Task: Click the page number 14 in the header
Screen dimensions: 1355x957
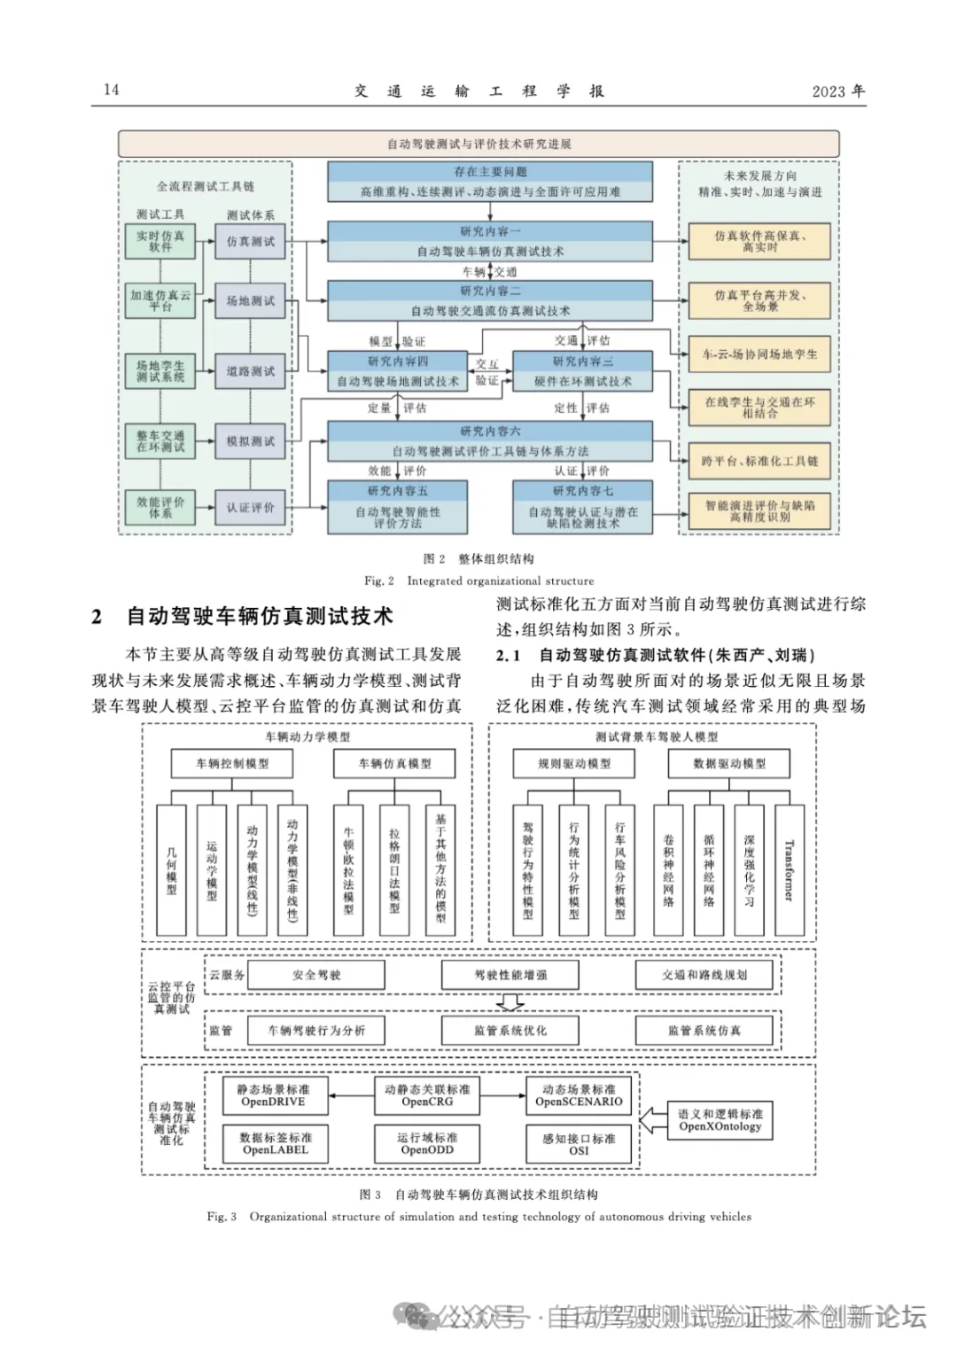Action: (112, 90)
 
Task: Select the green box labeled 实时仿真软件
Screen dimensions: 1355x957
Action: (160, 241)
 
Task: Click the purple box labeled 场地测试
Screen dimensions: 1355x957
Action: (251, 301)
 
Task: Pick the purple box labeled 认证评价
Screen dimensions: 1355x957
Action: (251, 508)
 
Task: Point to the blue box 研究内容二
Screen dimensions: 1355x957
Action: (490, 300)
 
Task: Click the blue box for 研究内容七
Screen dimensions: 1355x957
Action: (582, 507)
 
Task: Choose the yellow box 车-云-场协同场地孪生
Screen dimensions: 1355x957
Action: (759, 354)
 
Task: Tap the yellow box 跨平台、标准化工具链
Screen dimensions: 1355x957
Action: (759, 461)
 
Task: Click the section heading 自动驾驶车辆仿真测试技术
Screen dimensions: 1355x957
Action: (259, 616)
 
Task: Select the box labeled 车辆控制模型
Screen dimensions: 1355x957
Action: (232, 763)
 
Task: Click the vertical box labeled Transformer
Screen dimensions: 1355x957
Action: (790, 869)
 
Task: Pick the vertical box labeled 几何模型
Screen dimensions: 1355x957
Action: (171, 869)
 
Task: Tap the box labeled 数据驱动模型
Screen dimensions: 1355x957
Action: (729, 763)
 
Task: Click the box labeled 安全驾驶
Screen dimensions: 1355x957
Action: (316, 975)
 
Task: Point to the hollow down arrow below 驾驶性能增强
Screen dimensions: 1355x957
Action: (510, 1002)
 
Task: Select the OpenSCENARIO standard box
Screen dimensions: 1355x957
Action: (579, 1095)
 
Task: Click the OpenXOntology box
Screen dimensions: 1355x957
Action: (720, 1120)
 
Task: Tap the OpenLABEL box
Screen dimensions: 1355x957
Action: (276, 1143)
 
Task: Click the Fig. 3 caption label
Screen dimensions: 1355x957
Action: (222, 1217)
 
